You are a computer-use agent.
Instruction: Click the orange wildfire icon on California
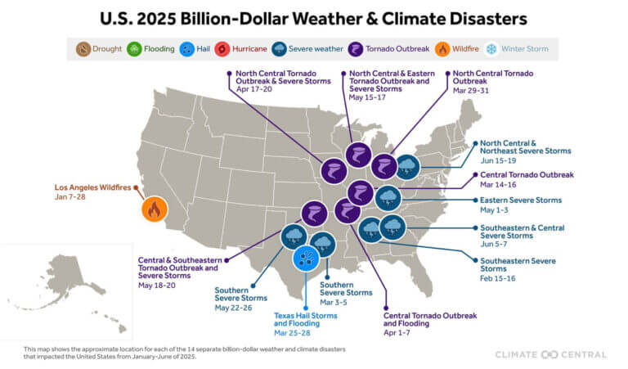point(152,209)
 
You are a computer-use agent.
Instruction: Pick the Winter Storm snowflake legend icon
point(491,49)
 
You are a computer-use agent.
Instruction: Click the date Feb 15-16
point(499,277)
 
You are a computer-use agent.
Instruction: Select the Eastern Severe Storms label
point(521,200)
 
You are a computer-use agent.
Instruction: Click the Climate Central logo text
point(551,354)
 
